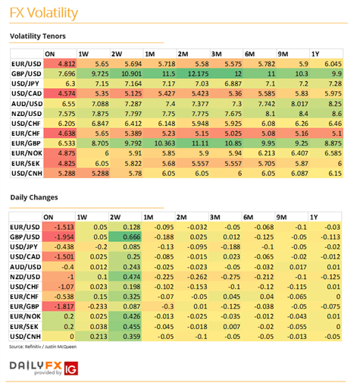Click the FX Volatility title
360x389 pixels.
44,13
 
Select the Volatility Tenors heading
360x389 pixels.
38,36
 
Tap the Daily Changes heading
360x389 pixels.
34,197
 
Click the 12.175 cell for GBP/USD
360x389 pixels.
193,74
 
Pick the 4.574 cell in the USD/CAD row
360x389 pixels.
60,93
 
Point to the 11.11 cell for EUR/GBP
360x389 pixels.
193,143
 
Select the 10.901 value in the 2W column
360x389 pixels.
127,74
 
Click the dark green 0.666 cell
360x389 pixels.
125,237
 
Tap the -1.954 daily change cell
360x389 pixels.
58,237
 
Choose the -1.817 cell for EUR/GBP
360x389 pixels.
58,306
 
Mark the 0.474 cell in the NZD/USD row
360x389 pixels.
125,277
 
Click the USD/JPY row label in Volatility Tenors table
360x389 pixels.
25,83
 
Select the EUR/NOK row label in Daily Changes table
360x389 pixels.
25,316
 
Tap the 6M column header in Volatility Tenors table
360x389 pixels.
249,54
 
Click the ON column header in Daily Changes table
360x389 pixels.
49,218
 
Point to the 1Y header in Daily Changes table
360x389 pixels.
315,218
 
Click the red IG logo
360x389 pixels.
71,369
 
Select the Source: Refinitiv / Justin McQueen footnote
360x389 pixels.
43,347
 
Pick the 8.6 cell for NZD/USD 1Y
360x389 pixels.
327,114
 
